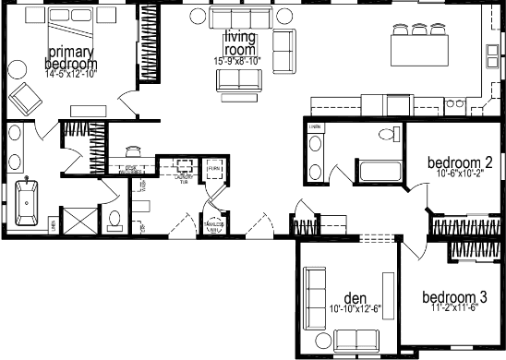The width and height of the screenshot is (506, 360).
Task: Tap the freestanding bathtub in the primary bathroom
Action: click(29, 201)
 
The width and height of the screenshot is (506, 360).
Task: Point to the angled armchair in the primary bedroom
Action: click(23, 93)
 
